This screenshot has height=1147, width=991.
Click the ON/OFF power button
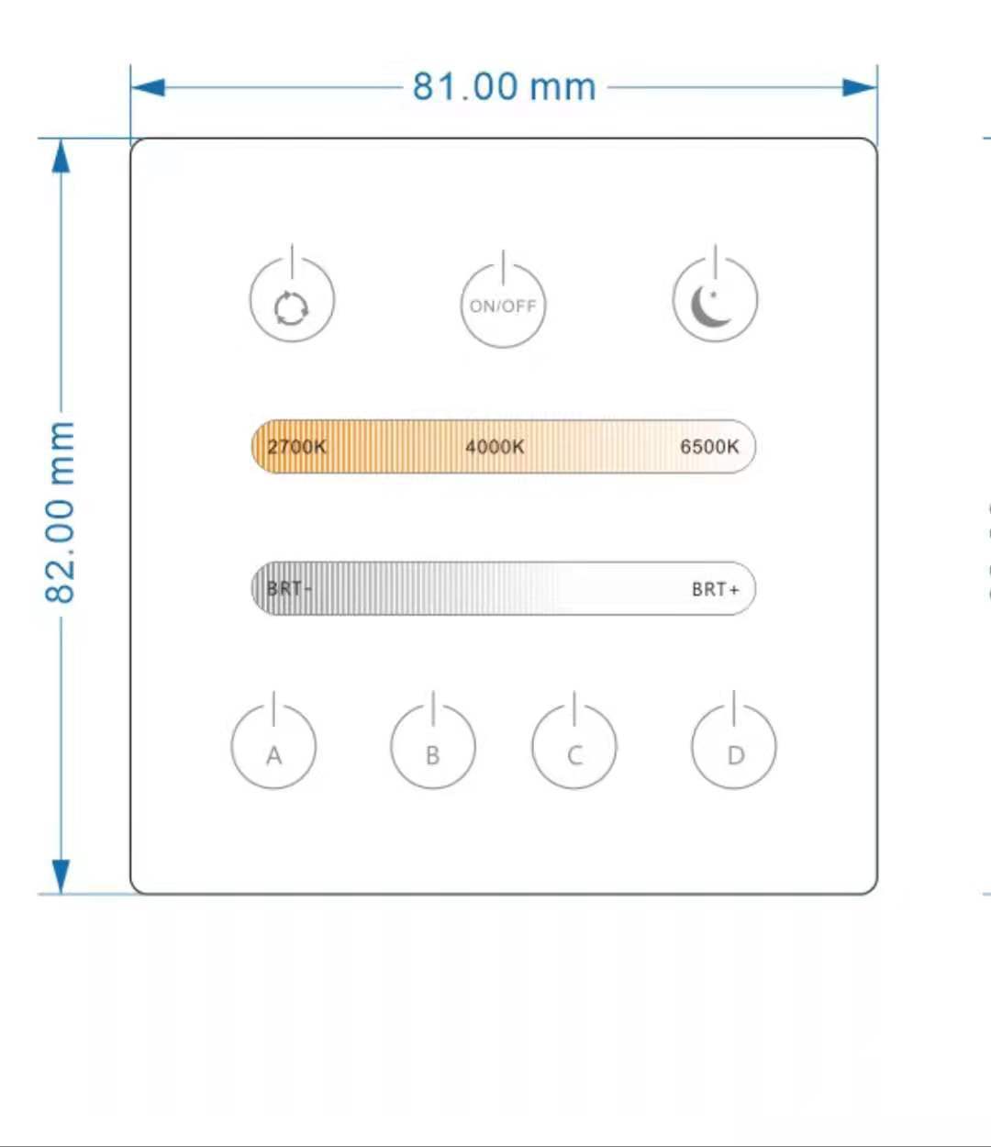tap(503, 306)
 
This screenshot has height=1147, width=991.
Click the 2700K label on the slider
tap(296, 447)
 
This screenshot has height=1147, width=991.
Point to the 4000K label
tap(495, 447)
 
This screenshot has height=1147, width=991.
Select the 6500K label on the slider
tap(709, 447)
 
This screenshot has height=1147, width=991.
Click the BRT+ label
tap(715, 589)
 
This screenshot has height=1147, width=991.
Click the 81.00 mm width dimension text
tap(504, 87)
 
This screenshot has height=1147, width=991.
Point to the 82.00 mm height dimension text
tap(61, 512)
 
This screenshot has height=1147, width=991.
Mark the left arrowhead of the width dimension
tap(148, 88)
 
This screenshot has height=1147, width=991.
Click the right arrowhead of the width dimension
tap(860, 88)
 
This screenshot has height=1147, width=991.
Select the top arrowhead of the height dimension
tap(61, 157)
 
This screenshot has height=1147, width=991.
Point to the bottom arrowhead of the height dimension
tap(61, 875)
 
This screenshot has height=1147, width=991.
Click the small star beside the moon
tap(713, 294)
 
